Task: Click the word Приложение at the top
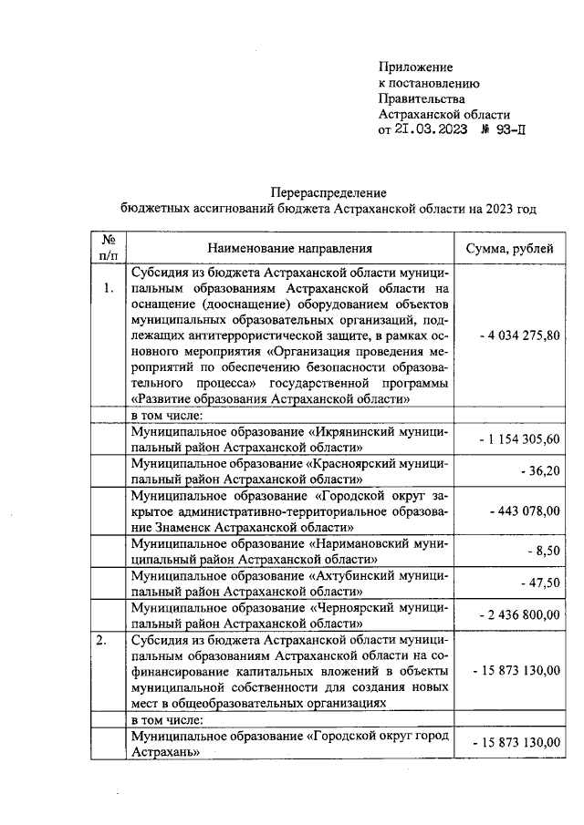point(415,67)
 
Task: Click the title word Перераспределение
point(328,192)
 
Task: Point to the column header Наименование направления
point(289,248)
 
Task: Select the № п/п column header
point(108,248)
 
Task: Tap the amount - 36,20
point(539,471)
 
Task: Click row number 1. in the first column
point(108,289)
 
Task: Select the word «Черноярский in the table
point(359,607)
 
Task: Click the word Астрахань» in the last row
point(165,755)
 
